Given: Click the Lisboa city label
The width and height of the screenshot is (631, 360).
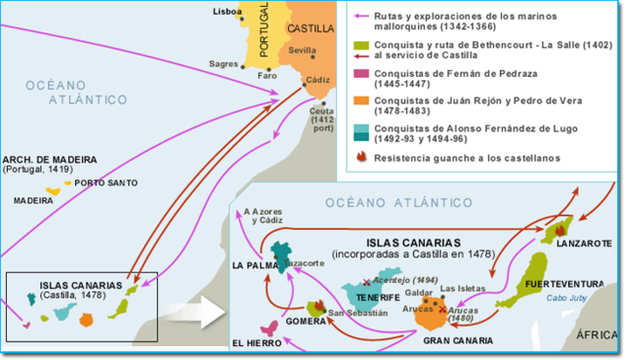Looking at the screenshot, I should click(x=227, y=12).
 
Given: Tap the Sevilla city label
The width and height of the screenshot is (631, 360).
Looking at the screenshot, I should click(x=304, y=48).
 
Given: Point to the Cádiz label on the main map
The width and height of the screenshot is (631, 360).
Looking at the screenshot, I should click(x=319, y=79).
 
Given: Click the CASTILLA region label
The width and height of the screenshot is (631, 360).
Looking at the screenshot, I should click(x=311, y=29).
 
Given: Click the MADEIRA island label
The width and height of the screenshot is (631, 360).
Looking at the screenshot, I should click(x=34, y=199).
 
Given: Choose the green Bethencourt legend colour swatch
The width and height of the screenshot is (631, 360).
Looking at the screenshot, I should click(x=360, y=46).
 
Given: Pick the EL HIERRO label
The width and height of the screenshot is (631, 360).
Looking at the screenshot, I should click(x=258, y=343).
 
